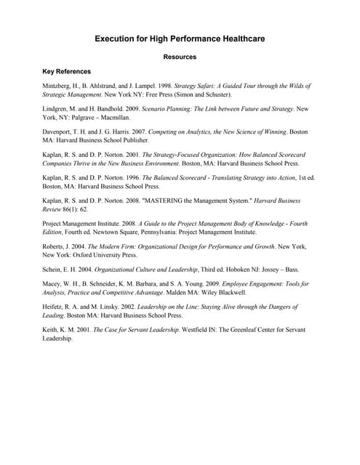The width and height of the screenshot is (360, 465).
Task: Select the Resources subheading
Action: [180, 57]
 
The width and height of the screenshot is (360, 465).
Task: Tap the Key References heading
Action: [67, 72]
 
